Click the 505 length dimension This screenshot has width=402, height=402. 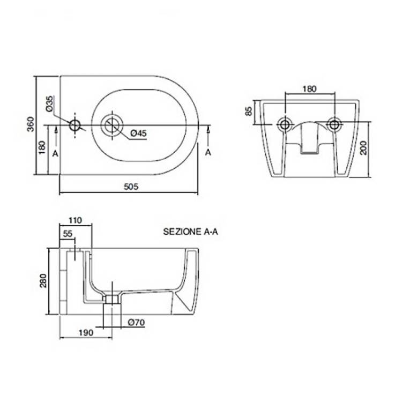point(131,187)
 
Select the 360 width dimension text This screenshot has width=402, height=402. point(31,124)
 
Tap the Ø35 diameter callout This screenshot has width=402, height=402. point(49,103)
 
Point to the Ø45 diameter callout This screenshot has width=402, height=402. point(138,133)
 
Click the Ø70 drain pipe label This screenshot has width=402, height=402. point(137,322)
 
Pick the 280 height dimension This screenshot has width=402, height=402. point(43,280)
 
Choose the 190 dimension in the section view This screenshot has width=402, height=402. point(86,332)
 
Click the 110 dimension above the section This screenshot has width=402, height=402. point(75,220)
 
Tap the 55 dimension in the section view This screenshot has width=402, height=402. point(68,234)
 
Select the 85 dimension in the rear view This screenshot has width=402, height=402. point(249,111)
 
